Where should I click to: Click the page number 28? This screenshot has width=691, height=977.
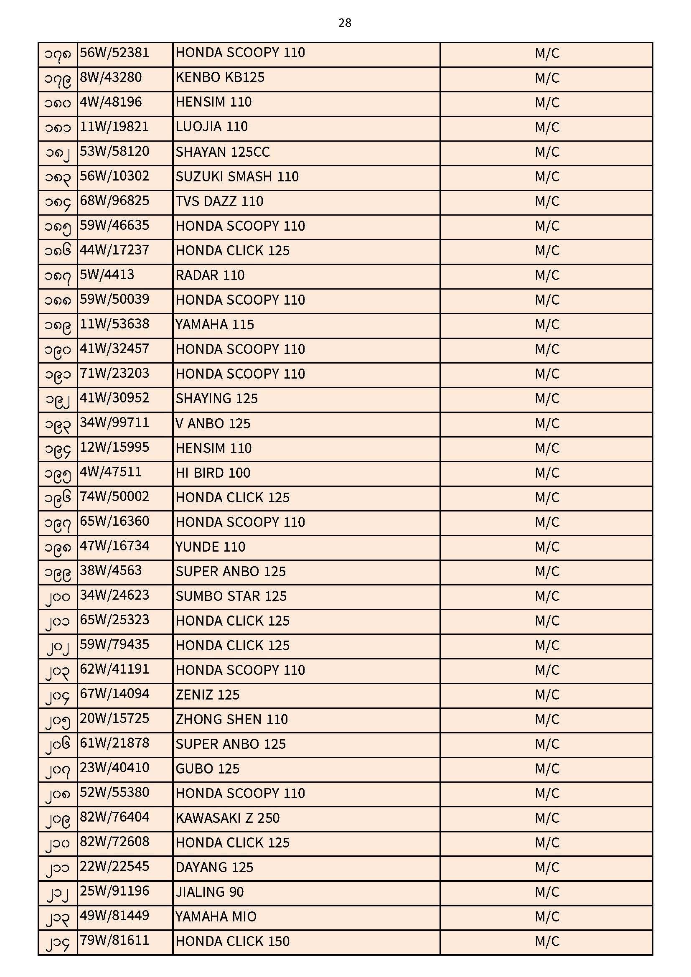[x=345, y=23]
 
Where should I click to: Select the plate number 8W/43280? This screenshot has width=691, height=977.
[x=111, y=77]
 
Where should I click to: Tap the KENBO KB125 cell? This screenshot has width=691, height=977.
[x=220, y=77]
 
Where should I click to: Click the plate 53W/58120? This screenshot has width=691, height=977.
[x=114, y=152]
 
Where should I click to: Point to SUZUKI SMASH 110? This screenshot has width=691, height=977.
[x=237, y=177]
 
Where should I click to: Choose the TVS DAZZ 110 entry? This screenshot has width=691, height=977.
[x=219, y=201]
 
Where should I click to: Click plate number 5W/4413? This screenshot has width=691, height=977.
[x=107, y=275]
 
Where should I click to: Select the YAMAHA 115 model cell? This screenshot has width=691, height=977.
[x=214, y=325]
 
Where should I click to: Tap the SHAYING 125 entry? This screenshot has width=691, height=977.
[x=216, y=399]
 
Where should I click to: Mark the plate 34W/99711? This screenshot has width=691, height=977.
[x=114, y=423]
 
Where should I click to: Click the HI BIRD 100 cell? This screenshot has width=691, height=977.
[x=213, y=473]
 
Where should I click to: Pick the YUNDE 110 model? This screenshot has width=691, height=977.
[x=210, y=547]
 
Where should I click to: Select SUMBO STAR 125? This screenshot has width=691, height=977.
[x=231, y=596]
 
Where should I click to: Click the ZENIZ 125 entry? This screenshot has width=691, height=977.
[x=207, y=695]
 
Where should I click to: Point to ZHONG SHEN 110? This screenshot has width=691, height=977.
[x=231, y=720]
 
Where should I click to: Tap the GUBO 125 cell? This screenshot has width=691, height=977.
[x=207, y=769]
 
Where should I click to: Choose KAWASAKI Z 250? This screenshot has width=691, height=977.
[x=227, y=818]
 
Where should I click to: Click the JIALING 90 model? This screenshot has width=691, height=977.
[x=209, y=892]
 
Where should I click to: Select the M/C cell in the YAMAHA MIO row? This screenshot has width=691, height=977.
[x=547, y=916]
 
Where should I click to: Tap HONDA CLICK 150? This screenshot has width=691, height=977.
[x=232, y=941]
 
